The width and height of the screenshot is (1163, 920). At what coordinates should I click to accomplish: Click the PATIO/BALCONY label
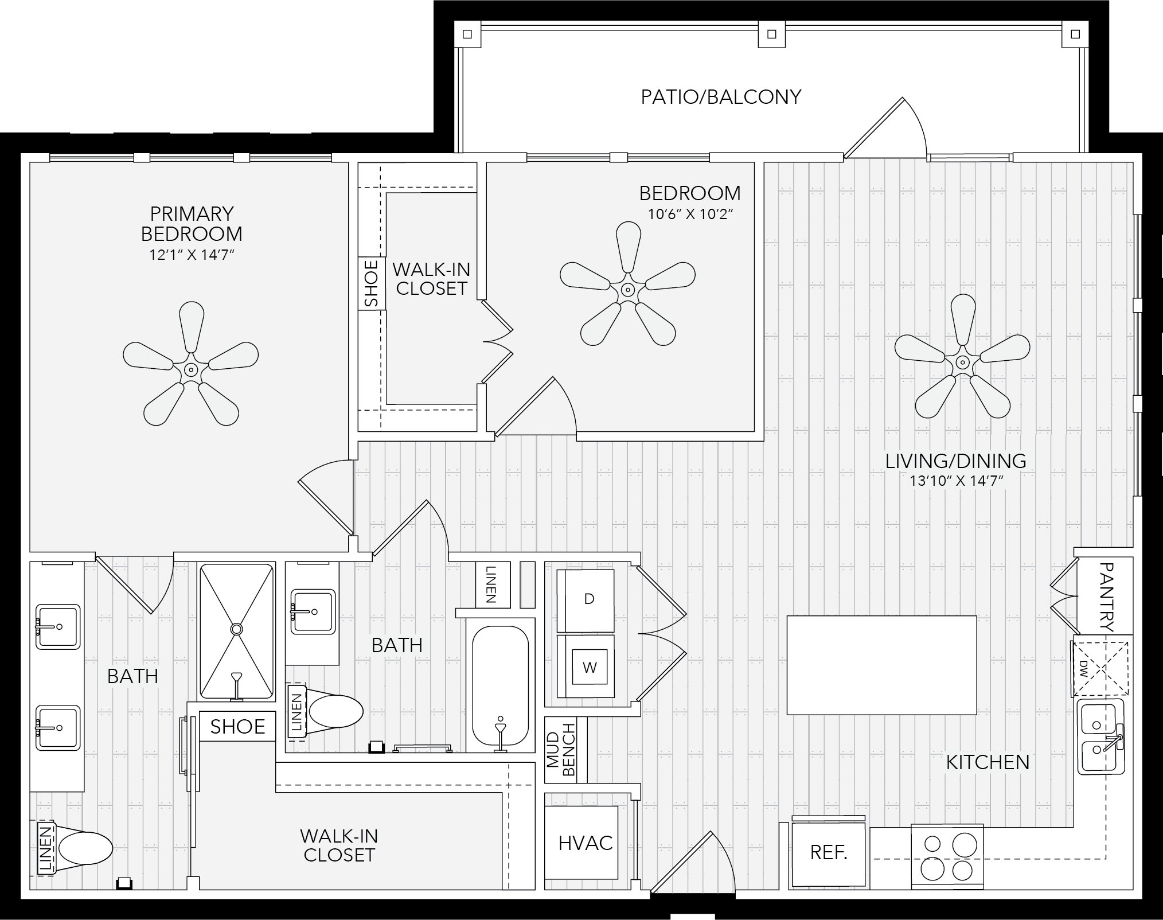[721, 97]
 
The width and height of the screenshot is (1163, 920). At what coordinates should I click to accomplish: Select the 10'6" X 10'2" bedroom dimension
[690, 215]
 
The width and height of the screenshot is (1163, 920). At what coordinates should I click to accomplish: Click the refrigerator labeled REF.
[828, 853]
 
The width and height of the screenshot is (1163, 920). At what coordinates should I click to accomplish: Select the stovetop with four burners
[947, 857]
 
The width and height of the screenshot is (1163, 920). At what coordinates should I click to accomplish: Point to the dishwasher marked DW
[1100, 668]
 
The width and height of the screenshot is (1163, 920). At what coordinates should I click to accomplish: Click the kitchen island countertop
[881, 665]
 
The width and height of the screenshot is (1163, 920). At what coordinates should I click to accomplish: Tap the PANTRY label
[1107, 597]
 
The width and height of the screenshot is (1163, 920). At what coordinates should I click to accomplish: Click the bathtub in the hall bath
[501, 687]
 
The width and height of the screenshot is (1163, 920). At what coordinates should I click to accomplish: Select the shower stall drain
[236, 629]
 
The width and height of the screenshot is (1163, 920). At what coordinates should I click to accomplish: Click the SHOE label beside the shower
[237, 727]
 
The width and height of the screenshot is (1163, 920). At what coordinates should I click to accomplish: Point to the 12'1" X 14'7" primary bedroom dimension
[192, 255]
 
